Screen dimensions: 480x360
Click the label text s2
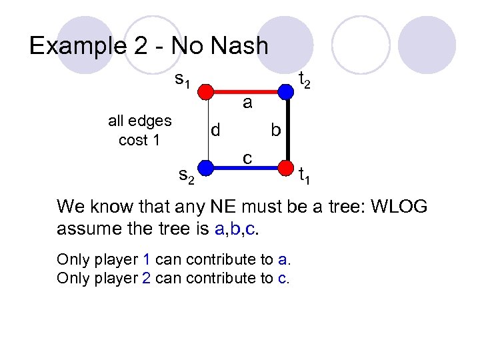[x=186, y=177]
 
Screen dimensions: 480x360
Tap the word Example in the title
[x=79, y=46]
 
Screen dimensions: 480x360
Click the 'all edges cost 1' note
[x=139, y=131]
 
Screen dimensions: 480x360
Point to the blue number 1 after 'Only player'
[x=146, y=259]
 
